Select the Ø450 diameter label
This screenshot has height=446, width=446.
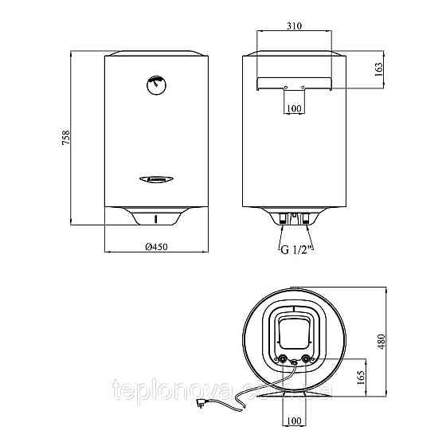(155, 248)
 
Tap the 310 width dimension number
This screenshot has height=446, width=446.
(294, 26)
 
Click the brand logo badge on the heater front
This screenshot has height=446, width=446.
(156, 179)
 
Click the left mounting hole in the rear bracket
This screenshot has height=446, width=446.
(285, 87)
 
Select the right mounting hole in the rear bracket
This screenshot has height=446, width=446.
(303, 87)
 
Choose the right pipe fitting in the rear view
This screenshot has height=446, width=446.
(303, 217)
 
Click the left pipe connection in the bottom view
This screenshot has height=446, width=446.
(284, 358)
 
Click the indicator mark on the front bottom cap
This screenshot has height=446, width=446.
(156, 218)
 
